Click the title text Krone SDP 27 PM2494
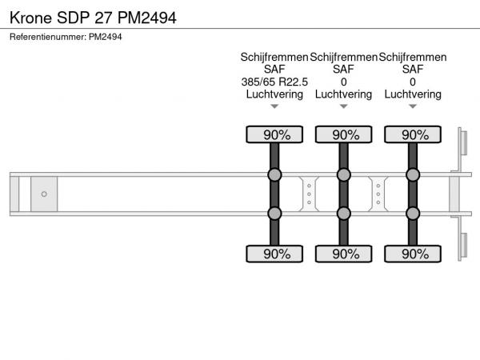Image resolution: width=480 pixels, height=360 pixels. pyautogui.click(x=93, y=18)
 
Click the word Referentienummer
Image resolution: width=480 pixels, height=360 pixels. pyautogui.click(x=47, y=37)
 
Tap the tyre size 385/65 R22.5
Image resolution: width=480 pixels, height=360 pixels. pyautogui.click(x=274, y=82)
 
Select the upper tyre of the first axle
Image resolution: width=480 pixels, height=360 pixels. pyautogui.click(x=274, y=134)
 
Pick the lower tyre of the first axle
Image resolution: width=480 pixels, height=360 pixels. pyautogui.click(x=274, y=254)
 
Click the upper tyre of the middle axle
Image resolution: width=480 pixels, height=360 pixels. pyautogui.click(x=344, y=134)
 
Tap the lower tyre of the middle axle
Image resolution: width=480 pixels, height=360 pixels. pyautogui.click(x=344, y=254)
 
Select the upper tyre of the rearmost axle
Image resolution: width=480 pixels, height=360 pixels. pyautogui.click(x=413, y=134)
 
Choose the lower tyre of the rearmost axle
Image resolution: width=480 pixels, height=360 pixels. pyautogui.click(x=413, y=254)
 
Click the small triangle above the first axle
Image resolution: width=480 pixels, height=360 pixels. pyautogui.click(x=274, y=106)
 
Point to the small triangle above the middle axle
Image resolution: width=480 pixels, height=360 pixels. pyautogui.click(x=344, y=106)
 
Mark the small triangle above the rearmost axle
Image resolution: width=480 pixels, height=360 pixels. pyautogui.click(x=413, y=106)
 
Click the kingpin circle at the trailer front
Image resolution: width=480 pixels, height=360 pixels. pyautogui.click(x=44, y=194)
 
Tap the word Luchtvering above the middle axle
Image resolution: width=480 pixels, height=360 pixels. pyautogui.click(x=344, y=94)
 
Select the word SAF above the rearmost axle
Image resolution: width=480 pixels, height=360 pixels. pyautogui.click(x=413, y=69)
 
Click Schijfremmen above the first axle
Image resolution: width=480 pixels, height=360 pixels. pyautogui.click(x=274, y=58)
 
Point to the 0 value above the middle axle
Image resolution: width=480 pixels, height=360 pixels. pyautogui.click(x=344, y=82)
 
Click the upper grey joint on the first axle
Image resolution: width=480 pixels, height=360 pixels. pyautogui.click(x=274, y=174)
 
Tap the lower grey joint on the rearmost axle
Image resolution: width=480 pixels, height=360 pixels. pyautogui.click(x=413, y=214)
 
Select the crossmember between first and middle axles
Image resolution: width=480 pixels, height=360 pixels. pyautogui.click(x=309, y=194)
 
